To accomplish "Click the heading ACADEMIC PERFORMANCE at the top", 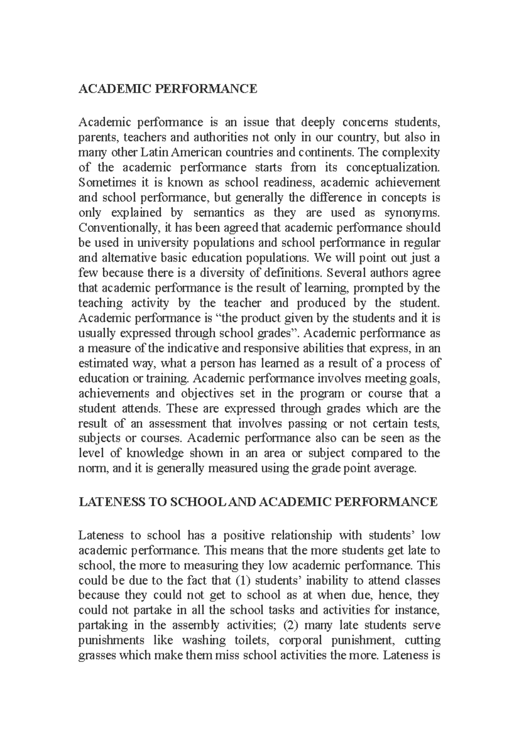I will (167, 89).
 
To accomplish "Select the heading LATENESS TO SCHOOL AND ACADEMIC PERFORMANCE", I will (258, 502).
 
